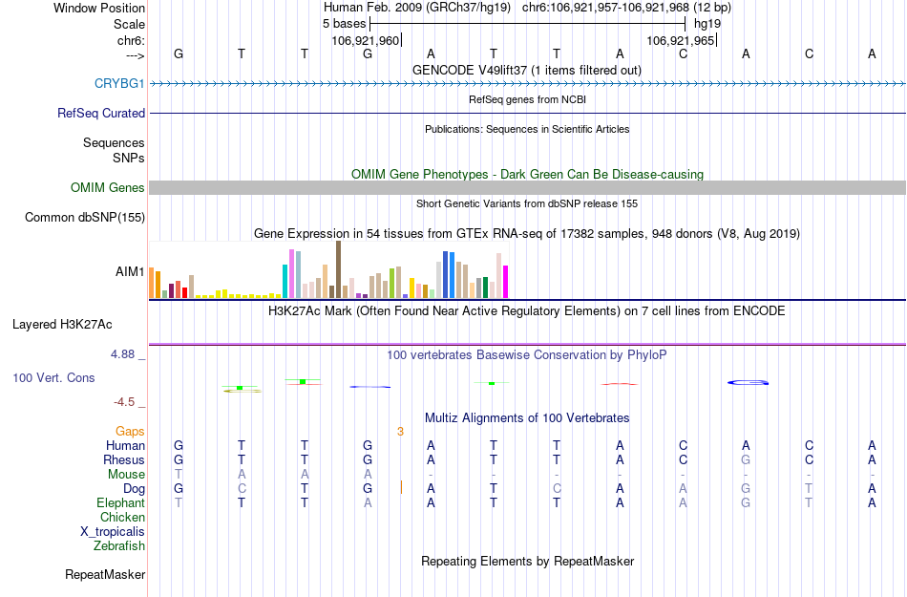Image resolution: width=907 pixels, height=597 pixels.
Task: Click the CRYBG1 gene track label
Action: (x=119, y=83)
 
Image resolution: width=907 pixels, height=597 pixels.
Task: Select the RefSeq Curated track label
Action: (x=101, y=113)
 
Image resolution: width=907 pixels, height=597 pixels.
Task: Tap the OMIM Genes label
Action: (x=108, y=188)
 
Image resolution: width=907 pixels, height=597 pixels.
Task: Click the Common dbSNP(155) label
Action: (x=85, y=218)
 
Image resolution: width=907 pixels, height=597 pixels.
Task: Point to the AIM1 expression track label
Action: (x=130, y=271)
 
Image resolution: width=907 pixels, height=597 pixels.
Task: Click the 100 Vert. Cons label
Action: (x=53, y=377)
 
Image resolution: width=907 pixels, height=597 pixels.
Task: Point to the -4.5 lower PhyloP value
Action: (x=126, y=402)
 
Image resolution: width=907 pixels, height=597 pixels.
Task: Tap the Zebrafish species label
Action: (x=119, y=546)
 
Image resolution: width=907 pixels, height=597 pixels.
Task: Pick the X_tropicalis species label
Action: (x=113, y=532)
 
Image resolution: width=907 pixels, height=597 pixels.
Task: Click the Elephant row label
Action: (x=120, y=503)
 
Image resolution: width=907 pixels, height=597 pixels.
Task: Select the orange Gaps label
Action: (x=130, y=432)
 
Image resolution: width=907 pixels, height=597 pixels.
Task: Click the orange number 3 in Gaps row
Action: (x=401, y=432)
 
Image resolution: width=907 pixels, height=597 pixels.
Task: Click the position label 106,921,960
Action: (x=365, y=40)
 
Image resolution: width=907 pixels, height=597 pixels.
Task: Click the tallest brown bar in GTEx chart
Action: (x=338, y=269)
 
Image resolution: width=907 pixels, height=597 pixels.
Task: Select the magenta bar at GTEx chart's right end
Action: (x=505, y=281)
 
